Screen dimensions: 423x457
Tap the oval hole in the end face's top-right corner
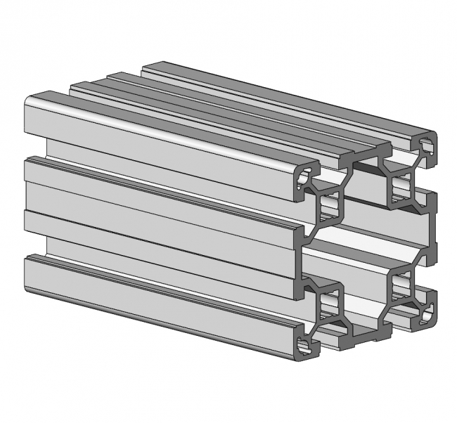pos(426,145)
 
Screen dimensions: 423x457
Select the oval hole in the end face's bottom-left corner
pos(303,345)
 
